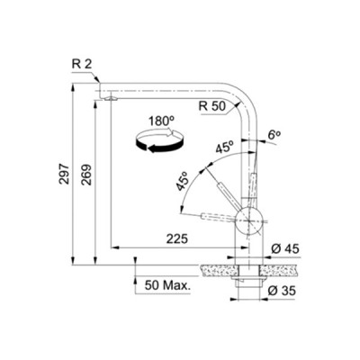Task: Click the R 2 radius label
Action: click(x=82, y=64)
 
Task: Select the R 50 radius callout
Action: click(x=212, y=106)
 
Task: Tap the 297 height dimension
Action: click(x=64, y=174)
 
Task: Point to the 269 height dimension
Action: click(x=86, y=175)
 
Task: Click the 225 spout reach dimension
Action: click(x=177, y=238)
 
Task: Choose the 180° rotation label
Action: click(x=161, y=121)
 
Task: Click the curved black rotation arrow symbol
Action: click(x=159, y=140)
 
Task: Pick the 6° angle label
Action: click(x=274, y=135)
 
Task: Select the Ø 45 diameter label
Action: click(x=285, y=248)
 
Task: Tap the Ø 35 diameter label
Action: click(x=282, y=291)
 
